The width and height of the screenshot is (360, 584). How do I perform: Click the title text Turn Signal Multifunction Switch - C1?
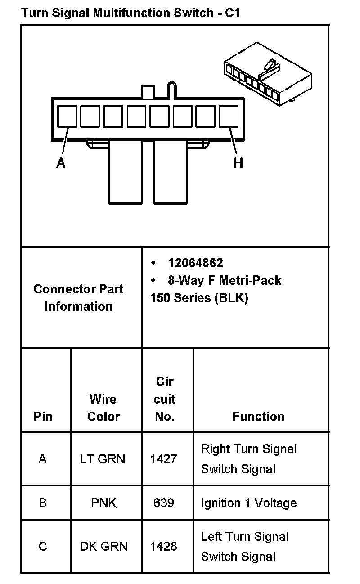tap(130, 13)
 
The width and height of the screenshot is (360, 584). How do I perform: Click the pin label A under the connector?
tap(61, 162)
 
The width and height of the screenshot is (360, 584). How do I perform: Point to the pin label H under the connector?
tap(238, 162)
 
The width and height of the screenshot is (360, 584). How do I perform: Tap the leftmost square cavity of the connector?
tap(67, 116)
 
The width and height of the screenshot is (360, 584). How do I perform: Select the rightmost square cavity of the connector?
tap(229, 116)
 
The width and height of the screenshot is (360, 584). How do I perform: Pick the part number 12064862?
tap(195, 263)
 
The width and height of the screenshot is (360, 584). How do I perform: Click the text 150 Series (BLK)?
tap(199, 298)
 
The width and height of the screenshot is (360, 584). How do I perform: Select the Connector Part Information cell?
tap(78, 298)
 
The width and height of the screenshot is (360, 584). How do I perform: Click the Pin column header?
tap(43, 417)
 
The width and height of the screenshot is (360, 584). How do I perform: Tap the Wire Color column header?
tap(103, 408)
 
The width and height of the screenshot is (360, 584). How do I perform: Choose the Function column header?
tap(258, 417)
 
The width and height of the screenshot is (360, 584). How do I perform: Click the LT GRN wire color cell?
tap(103, 459)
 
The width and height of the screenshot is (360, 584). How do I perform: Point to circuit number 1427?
tap(164, 459)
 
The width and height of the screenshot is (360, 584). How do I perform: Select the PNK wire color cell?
tap(103, 503)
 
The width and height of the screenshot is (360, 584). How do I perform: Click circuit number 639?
tap(163, 503)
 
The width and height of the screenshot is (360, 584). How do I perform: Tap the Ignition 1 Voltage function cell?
tap(248, 503)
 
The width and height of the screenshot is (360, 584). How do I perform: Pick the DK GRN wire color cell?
tap(104, 546)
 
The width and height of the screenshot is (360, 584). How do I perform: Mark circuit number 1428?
tap(164, 546)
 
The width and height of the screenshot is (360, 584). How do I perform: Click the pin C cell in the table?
tap(43, 546)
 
